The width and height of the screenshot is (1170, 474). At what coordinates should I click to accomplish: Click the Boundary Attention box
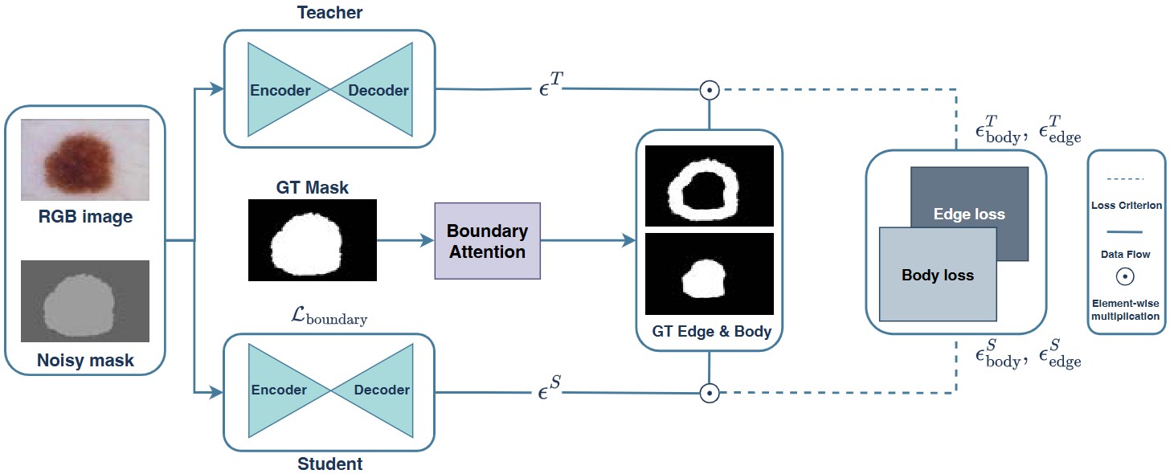click(x=487, y=241)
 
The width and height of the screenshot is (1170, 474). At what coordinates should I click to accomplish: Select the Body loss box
click(x=937, y=275)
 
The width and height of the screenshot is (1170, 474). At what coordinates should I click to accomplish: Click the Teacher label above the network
click(x=329, y=13)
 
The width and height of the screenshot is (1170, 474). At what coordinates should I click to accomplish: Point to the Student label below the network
click(x=329, y=464)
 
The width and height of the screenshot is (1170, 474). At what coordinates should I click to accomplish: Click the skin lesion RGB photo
click(x=84, y=160)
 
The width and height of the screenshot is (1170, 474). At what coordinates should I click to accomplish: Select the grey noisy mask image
click(x=84, y=302)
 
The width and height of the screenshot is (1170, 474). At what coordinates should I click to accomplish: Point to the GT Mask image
click(x=313, y=240)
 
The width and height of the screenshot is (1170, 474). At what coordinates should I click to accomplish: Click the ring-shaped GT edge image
click(x=709, y=186)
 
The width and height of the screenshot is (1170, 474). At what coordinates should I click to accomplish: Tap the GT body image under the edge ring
click(x=709, y=274)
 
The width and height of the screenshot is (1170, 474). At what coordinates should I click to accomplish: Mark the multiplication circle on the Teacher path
click(x=709, y=90)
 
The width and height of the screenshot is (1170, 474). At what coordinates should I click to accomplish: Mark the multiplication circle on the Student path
click(x=709, y=393)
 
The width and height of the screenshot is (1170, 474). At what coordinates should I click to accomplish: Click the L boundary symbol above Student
click(x=329, y=316)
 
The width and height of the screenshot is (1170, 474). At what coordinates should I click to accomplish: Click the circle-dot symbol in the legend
click(x=1125, y=277)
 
